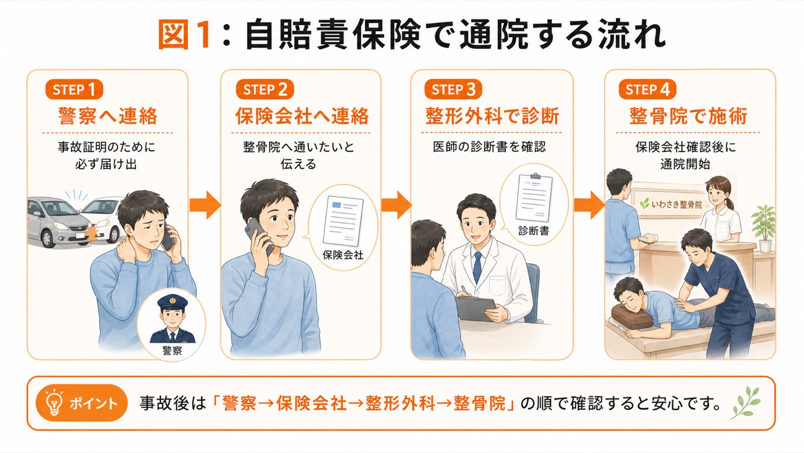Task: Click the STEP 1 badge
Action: pos(74,90)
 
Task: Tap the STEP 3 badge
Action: pos(453,90)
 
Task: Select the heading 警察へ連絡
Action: pos(108,116)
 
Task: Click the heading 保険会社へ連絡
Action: pos(302,116)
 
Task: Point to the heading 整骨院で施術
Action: pos(689,116)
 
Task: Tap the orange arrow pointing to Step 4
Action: pos(590,205)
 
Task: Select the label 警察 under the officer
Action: pos(172,350)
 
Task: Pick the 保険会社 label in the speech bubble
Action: pos(343,255)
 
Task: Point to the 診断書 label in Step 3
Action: pos(534,231)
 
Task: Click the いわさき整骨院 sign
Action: pos(671,205)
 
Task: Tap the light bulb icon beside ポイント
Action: pos(54,402)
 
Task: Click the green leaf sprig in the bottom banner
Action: pos(745,402)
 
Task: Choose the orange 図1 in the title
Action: pos(184,35)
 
